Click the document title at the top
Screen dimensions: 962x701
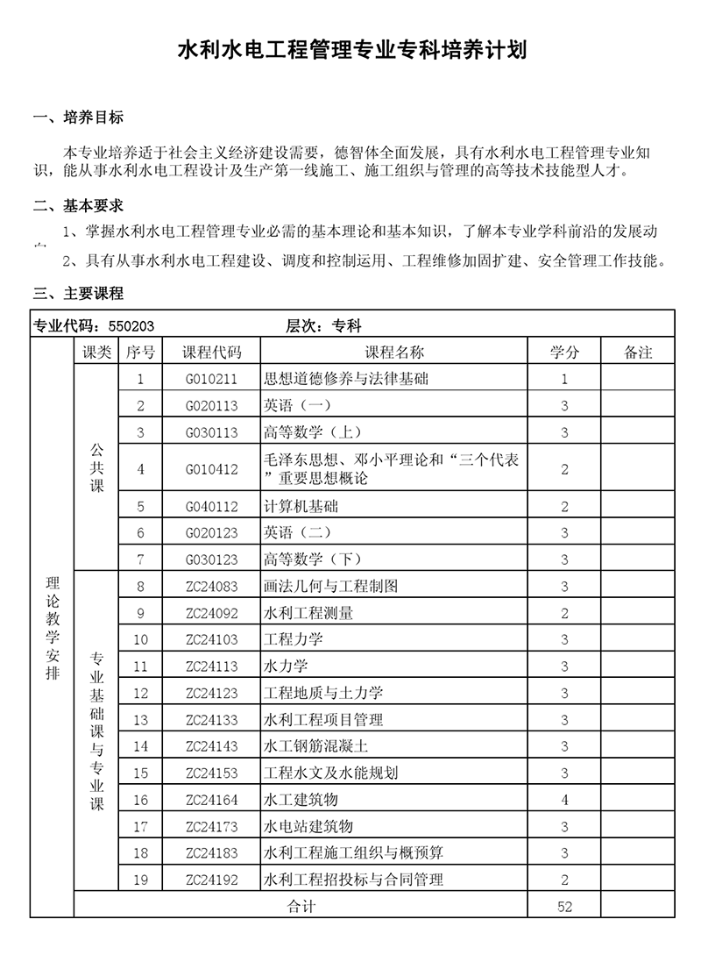351,49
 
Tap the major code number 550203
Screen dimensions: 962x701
131,326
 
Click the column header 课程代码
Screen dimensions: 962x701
211,353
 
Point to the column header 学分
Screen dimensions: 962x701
564,353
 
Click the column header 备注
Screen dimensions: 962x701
638,353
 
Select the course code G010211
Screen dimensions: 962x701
211,380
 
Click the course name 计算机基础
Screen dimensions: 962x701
301,506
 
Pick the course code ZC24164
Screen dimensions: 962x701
211,800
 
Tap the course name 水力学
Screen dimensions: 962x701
286,666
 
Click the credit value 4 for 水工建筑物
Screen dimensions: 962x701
564,800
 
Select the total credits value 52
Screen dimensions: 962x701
564,907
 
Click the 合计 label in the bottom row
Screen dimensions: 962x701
301,907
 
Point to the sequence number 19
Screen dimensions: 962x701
140,880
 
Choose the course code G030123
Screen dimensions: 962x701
211,559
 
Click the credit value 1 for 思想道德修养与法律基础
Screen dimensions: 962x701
564,380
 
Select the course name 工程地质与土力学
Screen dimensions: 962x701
323,693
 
